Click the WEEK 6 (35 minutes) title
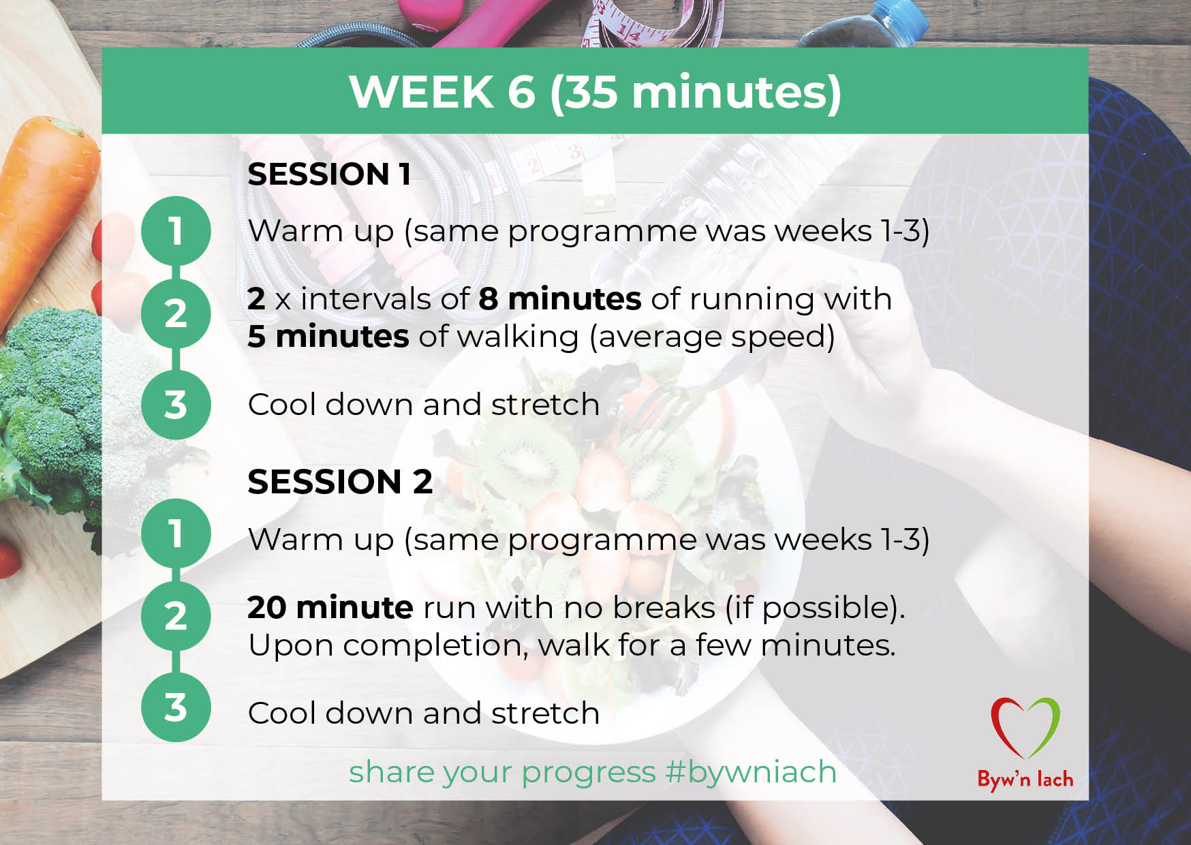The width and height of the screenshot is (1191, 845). click(595, 92)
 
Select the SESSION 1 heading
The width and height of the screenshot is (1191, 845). click(329, 174)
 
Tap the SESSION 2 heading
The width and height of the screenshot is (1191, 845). click(340, 482)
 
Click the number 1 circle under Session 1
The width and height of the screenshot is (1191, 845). click(176, 231)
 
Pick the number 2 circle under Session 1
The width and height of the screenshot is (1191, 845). click(176, 313)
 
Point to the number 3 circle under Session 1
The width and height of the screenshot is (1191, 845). click(176, 405)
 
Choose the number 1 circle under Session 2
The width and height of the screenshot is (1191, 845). click(176, 533)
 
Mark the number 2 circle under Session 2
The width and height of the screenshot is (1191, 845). click(176, 616)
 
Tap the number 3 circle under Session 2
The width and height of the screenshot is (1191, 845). click(176, 707)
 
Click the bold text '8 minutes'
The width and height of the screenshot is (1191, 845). click(560, 299)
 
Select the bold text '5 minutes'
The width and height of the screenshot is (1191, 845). click(328, 337)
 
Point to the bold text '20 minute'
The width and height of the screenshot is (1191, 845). click(330, 607)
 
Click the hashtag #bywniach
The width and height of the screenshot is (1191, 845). click(751, 773)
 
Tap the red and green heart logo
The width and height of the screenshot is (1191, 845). click(1025, 728)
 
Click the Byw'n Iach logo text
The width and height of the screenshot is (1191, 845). click(1025, 779)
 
